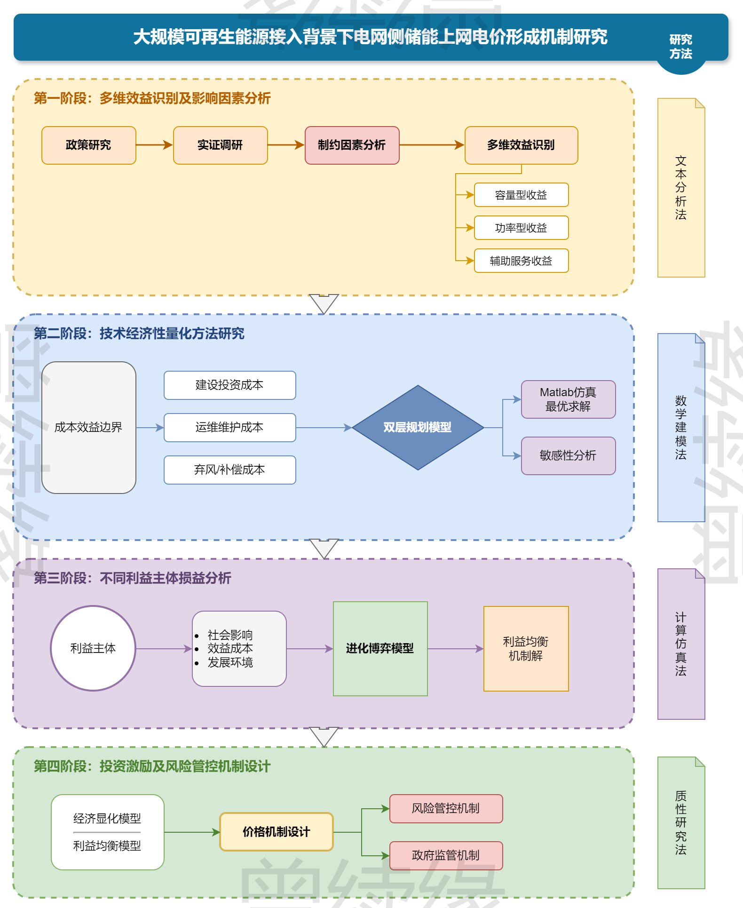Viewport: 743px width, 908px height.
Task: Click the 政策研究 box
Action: [88, 145]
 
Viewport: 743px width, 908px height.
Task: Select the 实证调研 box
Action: [220, 145]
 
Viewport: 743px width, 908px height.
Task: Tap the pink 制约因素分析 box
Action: [352, 145]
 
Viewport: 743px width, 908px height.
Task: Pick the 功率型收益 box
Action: [521, 228]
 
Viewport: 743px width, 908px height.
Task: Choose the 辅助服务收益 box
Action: [521, 261]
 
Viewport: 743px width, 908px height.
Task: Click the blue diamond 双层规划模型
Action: [418, 427]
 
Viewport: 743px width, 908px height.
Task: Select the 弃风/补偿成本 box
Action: [229, 470]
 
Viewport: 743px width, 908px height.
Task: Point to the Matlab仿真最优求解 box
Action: [568, 399]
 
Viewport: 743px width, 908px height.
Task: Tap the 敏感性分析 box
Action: [568, 455]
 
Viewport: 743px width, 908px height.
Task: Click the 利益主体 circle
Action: [93, 648]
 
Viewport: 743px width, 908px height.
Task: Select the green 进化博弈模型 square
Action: [380, 648]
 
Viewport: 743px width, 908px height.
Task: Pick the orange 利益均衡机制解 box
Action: [526, 648]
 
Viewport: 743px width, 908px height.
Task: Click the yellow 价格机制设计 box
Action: [277, 832]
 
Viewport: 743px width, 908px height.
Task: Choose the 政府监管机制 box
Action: [446, 855]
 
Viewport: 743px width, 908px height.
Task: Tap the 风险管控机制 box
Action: [446, 808]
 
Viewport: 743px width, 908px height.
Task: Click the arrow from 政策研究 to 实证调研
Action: [154, 145]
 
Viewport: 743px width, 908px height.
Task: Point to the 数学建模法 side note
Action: [681, 427]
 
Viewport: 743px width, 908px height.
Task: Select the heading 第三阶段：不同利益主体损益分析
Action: [132, 578]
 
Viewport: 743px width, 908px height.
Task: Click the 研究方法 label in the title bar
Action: [680, 47]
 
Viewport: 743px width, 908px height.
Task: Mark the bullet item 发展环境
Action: [230, 662]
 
